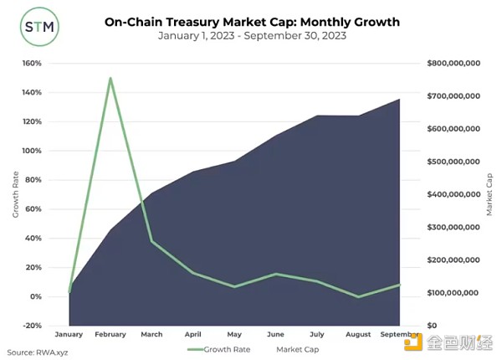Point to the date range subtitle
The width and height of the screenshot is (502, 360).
coord(251,37)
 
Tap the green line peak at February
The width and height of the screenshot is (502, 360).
coord(110,78)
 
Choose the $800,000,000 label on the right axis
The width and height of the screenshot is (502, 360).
coord(453,63)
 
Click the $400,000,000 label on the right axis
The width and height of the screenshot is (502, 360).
coord(453,194)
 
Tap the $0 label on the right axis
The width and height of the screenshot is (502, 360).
coord(432,326)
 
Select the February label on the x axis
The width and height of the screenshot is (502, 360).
coord(110,335)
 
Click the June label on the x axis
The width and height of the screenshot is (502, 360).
coord(275,335)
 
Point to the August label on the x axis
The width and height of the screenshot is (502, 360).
coord(358,335)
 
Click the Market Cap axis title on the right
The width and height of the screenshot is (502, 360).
coord(489,194)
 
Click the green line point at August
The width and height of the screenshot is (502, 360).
coord(358,296)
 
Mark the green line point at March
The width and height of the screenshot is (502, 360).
coord(151,241)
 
